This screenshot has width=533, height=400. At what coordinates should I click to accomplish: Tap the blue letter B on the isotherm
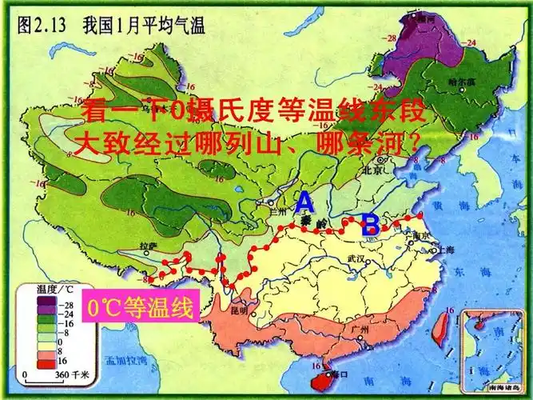click(370, 226)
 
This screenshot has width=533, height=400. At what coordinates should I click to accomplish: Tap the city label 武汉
click(356, 259)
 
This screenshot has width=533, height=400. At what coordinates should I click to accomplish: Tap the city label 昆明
click(238, 310)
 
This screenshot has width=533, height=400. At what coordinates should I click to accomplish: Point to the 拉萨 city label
click(146, 246)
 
